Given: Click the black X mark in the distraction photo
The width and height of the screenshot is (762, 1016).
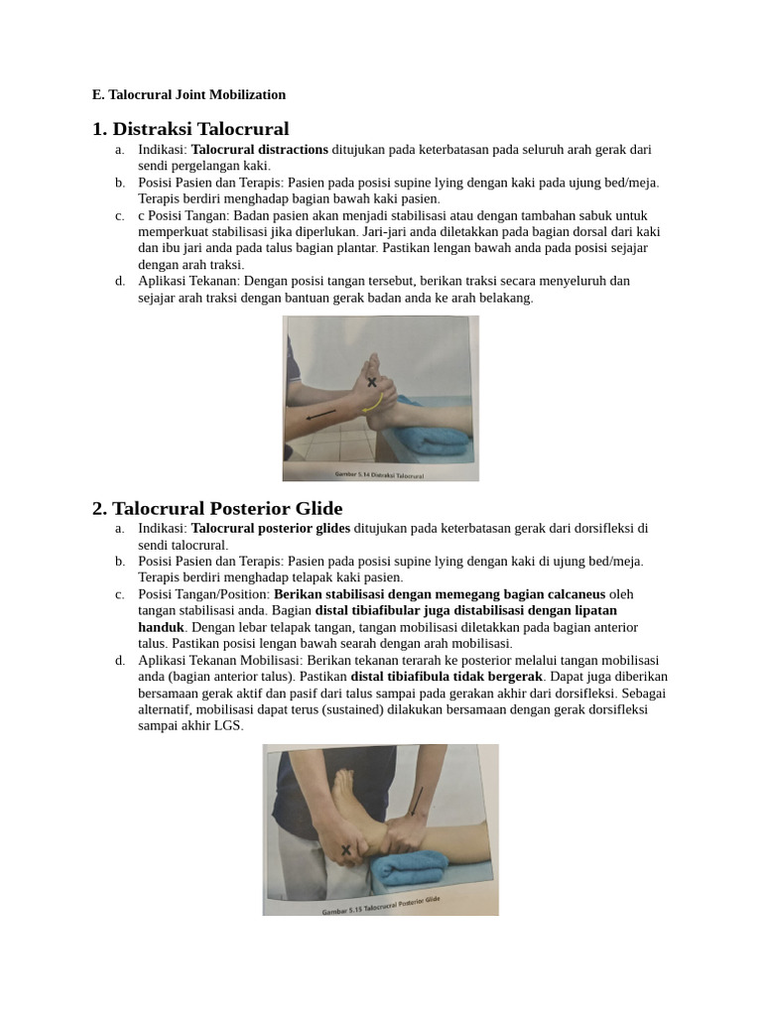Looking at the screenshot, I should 372,382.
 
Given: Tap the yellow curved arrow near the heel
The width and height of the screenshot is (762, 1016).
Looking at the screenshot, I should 371,403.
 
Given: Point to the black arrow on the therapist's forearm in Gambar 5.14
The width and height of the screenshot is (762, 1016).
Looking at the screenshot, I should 320,416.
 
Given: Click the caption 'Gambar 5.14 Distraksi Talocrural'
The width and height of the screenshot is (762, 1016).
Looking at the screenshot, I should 380,475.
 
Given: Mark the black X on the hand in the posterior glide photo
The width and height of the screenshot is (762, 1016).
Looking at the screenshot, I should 345,849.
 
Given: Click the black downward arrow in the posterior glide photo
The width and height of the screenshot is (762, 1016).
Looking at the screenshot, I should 416,804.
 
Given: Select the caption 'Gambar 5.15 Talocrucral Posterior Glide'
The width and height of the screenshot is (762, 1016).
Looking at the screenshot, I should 380,906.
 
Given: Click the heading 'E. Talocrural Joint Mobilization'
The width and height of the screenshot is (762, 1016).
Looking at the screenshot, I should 189,95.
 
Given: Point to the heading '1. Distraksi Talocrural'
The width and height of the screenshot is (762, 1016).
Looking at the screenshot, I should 190,129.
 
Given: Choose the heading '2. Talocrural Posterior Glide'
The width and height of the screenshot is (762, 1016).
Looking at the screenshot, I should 217,509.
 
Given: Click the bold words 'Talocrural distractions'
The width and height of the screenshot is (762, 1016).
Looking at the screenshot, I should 259,150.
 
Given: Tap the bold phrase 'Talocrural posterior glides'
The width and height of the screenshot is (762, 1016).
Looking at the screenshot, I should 271,529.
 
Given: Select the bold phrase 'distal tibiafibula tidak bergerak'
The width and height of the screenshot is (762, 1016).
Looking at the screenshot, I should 446,677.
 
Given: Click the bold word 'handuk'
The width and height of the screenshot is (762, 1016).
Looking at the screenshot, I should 162,628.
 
